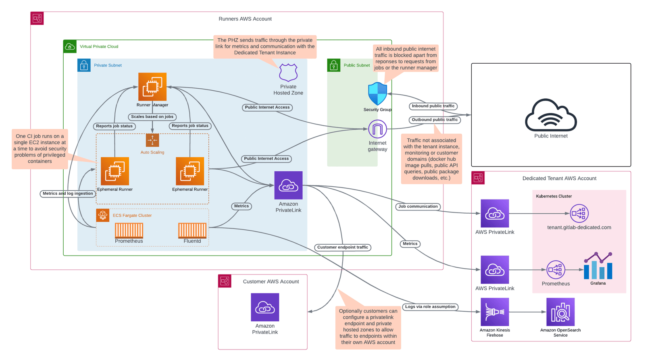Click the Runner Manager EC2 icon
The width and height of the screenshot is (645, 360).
coord(152,87)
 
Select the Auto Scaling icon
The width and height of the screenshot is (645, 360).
coord(152,140)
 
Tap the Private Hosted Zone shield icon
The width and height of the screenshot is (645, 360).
coord(288,73)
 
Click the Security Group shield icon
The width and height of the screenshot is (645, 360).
coord(377,94)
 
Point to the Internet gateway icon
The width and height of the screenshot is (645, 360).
coord(377,129)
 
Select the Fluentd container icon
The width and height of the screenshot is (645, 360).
coord(192,231)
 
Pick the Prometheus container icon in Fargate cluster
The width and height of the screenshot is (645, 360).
coord(129,231)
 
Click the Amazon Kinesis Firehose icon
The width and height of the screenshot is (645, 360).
coord(495,312)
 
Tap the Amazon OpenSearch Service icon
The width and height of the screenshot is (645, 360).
coord(560,312)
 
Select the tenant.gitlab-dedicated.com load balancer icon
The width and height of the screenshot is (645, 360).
coord(579,214)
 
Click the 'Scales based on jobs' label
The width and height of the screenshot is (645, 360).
coord(152,117)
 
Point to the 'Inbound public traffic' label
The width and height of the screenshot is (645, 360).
coord(433,106)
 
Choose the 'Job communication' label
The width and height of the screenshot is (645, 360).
coord(418,206)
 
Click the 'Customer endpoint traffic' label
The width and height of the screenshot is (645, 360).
coord(342,248)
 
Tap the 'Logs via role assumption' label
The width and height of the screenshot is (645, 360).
coord(430,307)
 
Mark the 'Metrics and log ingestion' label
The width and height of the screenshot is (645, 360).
coord(68,194)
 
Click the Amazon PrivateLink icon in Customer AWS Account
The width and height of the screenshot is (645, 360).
coord(265,307)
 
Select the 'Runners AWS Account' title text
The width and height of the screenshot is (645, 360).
coord(245,19)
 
